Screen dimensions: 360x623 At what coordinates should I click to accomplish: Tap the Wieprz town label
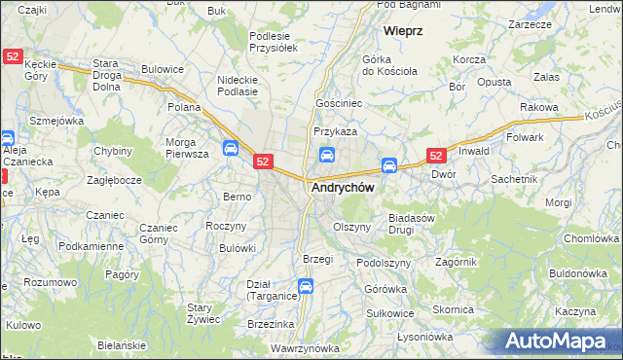coord(402,31)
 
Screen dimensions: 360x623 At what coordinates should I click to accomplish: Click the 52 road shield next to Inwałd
coord(436,155)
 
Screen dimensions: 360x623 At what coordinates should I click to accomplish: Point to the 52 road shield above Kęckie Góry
coord(13,57)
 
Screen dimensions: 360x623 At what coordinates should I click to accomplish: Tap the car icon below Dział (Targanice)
coord(306,286)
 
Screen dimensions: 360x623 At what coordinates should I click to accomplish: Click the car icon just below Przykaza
coord(327,154)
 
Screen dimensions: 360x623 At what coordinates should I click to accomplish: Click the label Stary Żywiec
coord(206,312)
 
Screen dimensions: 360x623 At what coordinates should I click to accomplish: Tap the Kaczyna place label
coord(574,310)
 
